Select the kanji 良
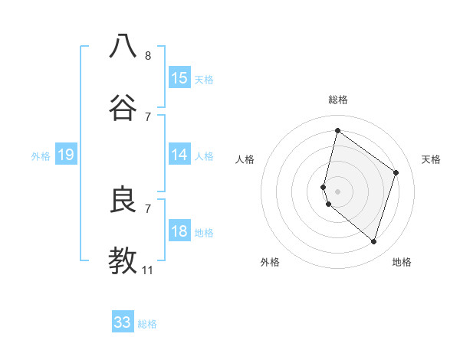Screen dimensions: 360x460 tap(123, 200)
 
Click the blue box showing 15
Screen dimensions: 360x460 tap(179, 77)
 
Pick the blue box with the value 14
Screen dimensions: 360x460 tap(179, 155)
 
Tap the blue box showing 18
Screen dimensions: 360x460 tap(179, 231)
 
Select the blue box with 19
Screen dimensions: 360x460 tap(66, 155)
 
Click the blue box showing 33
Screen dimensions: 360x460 tap(123, 322)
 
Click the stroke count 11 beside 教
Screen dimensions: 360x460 tap(148, 270)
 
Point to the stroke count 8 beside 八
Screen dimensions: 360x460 tap(148, 55)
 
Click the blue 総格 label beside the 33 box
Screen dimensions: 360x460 tap(147, 324)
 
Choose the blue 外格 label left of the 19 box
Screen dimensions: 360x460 tap(41, 156)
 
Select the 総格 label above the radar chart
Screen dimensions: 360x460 tap(337, 100)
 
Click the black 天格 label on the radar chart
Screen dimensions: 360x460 tap(432, 159)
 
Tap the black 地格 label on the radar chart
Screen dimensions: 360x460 tap(402, 262)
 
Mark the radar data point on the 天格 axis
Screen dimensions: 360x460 tap(396, 172)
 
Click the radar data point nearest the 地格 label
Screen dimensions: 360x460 tap(373, 242)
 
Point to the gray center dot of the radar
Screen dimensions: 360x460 tap(337, 191)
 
